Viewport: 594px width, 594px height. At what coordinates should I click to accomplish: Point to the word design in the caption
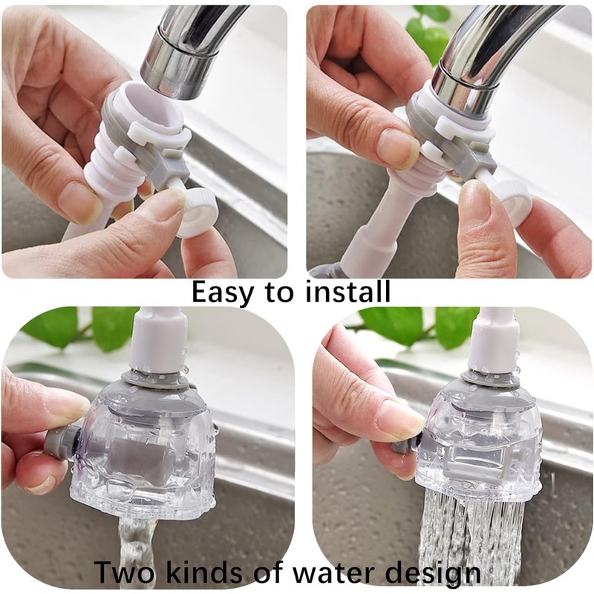(434, 573)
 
